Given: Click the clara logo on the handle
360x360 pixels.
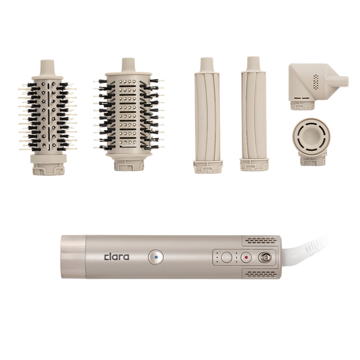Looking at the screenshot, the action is (x=116, y=257).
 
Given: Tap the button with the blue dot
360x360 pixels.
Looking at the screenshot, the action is (x=156, y=257).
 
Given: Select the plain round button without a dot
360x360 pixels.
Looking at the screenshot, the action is (x=227, y=257).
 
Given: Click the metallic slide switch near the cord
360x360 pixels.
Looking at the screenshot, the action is (x=265, y=257).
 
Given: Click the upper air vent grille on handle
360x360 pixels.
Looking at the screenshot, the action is (x=260, y=240).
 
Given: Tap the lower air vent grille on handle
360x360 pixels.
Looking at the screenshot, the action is (x=261, y=274).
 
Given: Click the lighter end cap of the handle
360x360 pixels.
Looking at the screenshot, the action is (x=73, y=257).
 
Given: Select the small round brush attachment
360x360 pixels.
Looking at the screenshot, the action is (x=48, y=118).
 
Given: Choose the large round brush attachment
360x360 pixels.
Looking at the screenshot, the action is (x=128, y=115).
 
